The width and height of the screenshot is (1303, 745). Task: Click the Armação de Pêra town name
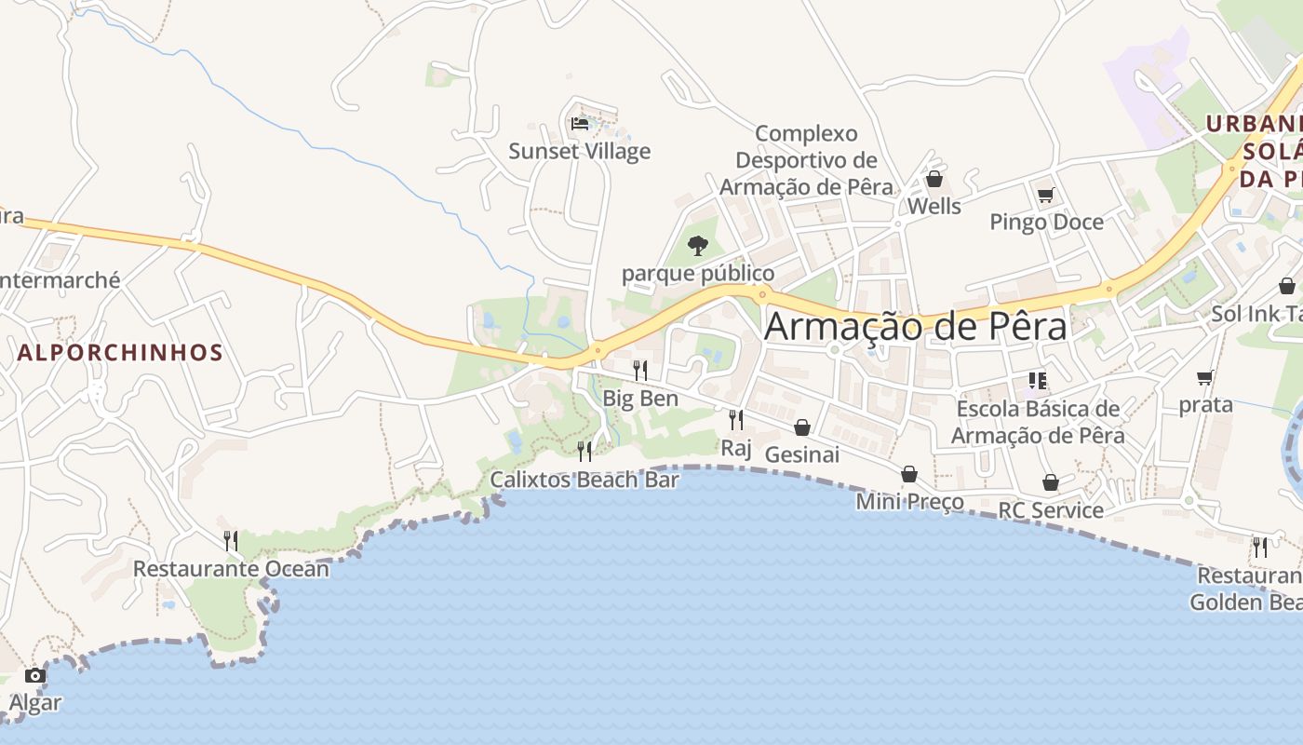pos(916,327)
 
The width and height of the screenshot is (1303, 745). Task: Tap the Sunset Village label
pos(579,151)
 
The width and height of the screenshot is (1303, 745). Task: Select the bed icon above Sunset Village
pos(580,123)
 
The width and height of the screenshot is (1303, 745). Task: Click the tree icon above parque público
pos(697,246)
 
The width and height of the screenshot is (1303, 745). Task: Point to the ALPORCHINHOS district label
pos(120,352)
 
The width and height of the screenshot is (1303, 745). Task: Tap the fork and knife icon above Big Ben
pos(640,370)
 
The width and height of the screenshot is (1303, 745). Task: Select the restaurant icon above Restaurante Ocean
pos(231,540)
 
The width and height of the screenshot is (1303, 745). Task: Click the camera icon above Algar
pos(35,675)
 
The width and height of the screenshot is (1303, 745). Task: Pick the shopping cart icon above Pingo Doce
pos(1046,195)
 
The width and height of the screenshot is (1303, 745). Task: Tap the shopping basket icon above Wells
pos(934,179)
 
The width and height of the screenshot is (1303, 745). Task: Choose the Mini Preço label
pos(909,502)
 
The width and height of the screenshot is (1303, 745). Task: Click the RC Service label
pos(1051,510)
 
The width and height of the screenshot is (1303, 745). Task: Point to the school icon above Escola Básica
pos(1038,380)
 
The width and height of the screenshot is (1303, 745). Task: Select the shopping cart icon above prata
pos(1205,377)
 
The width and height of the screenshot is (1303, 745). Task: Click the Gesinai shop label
pos(801,454)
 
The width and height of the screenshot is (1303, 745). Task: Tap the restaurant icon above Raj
pos(736,419)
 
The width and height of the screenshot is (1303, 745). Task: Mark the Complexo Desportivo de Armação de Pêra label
pos(806,160)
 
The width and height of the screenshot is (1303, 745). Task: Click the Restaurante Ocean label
pos(231,568)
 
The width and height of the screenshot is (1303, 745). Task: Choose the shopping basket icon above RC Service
pos(1051,482)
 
